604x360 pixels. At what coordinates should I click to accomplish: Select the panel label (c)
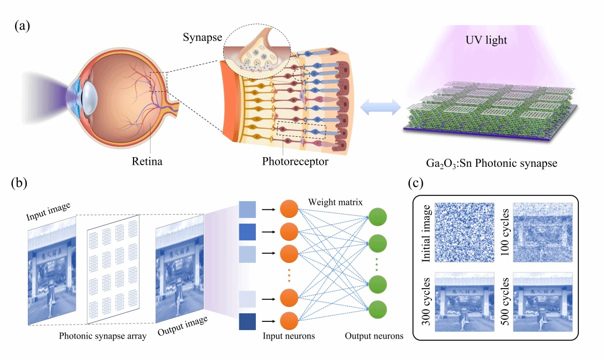click(419, 183)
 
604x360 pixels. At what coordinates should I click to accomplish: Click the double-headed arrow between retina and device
click(380, 107)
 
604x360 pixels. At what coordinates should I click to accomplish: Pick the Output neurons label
click(373, 336)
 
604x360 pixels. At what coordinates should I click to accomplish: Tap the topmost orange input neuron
click(289, 209)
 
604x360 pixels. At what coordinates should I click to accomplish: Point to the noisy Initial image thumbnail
click(463, 232)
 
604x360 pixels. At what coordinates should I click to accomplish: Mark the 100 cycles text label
click(504, 232)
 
